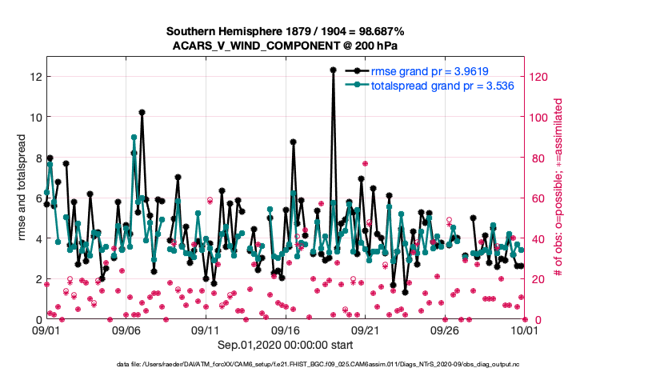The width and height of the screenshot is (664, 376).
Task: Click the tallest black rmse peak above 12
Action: click(x=333, y=70)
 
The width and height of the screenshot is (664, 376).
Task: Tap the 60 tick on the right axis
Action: click(x=536, y=198)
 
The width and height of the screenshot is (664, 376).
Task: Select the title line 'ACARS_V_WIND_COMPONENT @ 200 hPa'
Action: click(x=285, y=46)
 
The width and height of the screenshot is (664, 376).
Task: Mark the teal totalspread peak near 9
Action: click(x=134, y=138)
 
